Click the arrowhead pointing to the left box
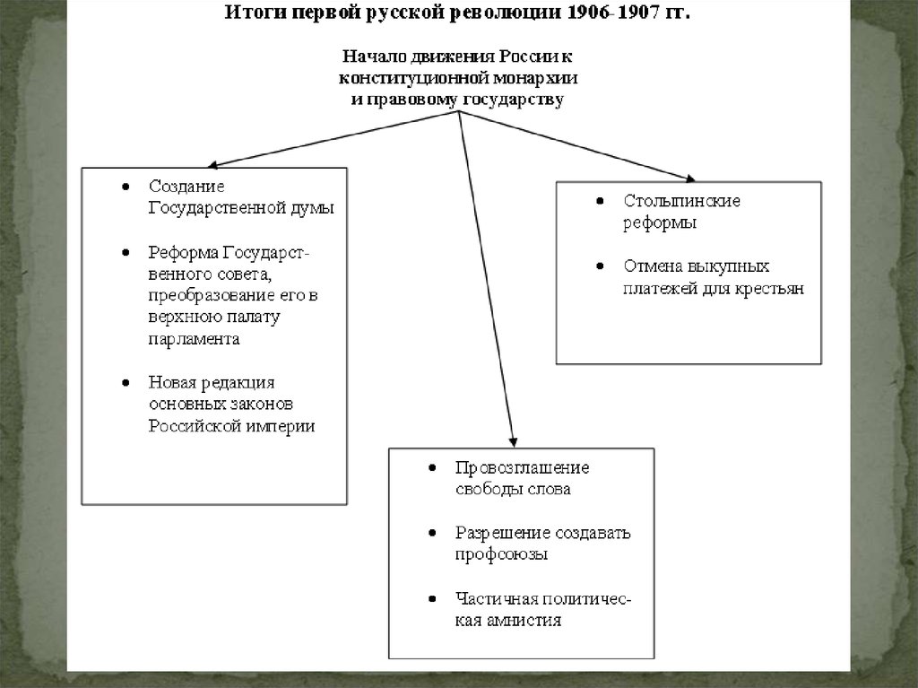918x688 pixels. coord(212,165)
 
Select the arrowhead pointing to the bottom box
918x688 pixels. coord(513,441)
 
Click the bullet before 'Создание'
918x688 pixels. coord(126,187)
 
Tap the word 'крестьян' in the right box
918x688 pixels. coord(766,289)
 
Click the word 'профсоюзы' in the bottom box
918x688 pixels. coord(501,554)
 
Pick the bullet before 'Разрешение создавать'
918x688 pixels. coord(433,533)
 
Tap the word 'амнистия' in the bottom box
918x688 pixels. coord(524,620)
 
